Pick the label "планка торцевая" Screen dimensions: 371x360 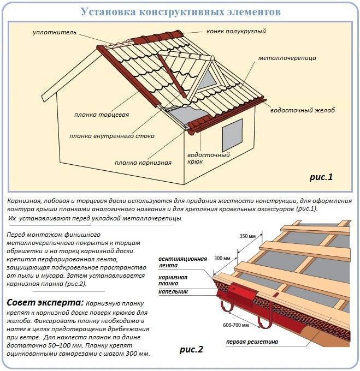(x=102, y=115)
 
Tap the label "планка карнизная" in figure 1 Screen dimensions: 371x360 (x=143, y=162)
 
